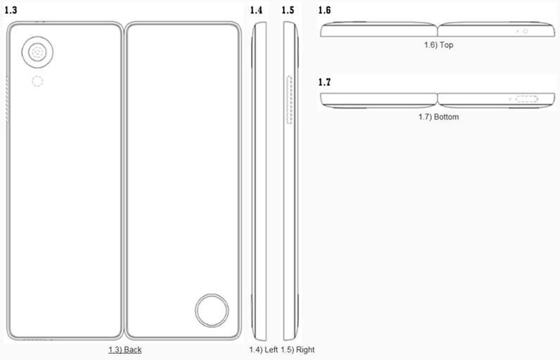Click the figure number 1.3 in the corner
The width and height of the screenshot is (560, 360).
point(11,10)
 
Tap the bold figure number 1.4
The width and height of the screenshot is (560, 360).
point(256,10)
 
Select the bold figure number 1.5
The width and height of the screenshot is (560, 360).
point(288,10)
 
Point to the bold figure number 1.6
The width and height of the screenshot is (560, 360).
point(324,10)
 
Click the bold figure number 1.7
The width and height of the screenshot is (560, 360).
point(324,82)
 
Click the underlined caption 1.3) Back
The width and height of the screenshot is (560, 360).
point(125,349)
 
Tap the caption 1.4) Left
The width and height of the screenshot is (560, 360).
point(264,349)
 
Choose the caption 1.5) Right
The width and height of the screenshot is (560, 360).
point(298,349)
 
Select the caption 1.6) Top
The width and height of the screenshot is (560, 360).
point(439,45)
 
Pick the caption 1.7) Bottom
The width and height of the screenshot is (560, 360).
point(439,117)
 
